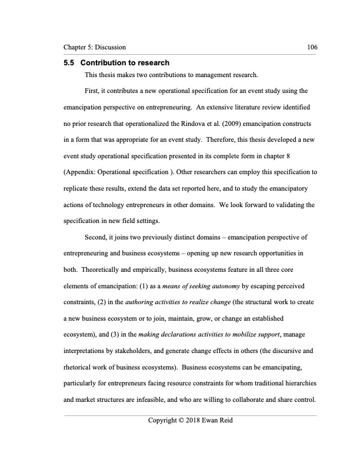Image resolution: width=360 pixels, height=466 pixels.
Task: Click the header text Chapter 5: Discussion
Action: [94, 46]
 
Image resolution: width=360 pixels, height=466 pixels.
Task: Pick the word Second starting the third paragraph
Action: [98, 239]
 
